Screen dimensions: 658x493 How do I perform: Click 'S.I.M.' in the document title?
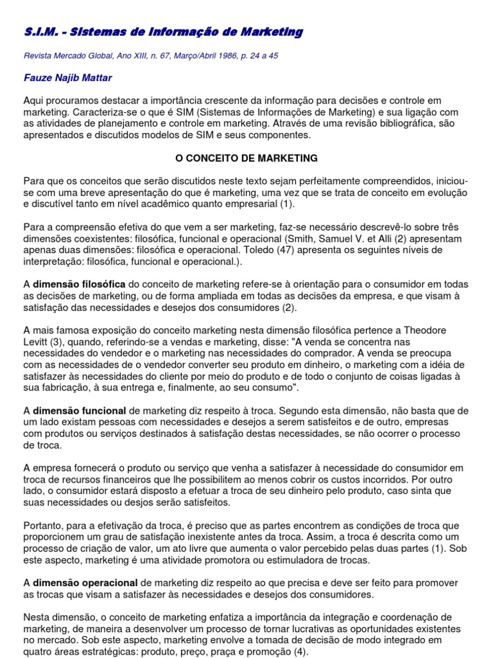click(39, 32)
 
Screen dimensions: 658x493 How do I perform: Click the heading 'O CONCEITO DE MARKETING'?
click(246, 157)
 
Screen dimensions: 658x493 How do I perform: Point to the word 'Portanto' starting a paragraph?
click(43, 525)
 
